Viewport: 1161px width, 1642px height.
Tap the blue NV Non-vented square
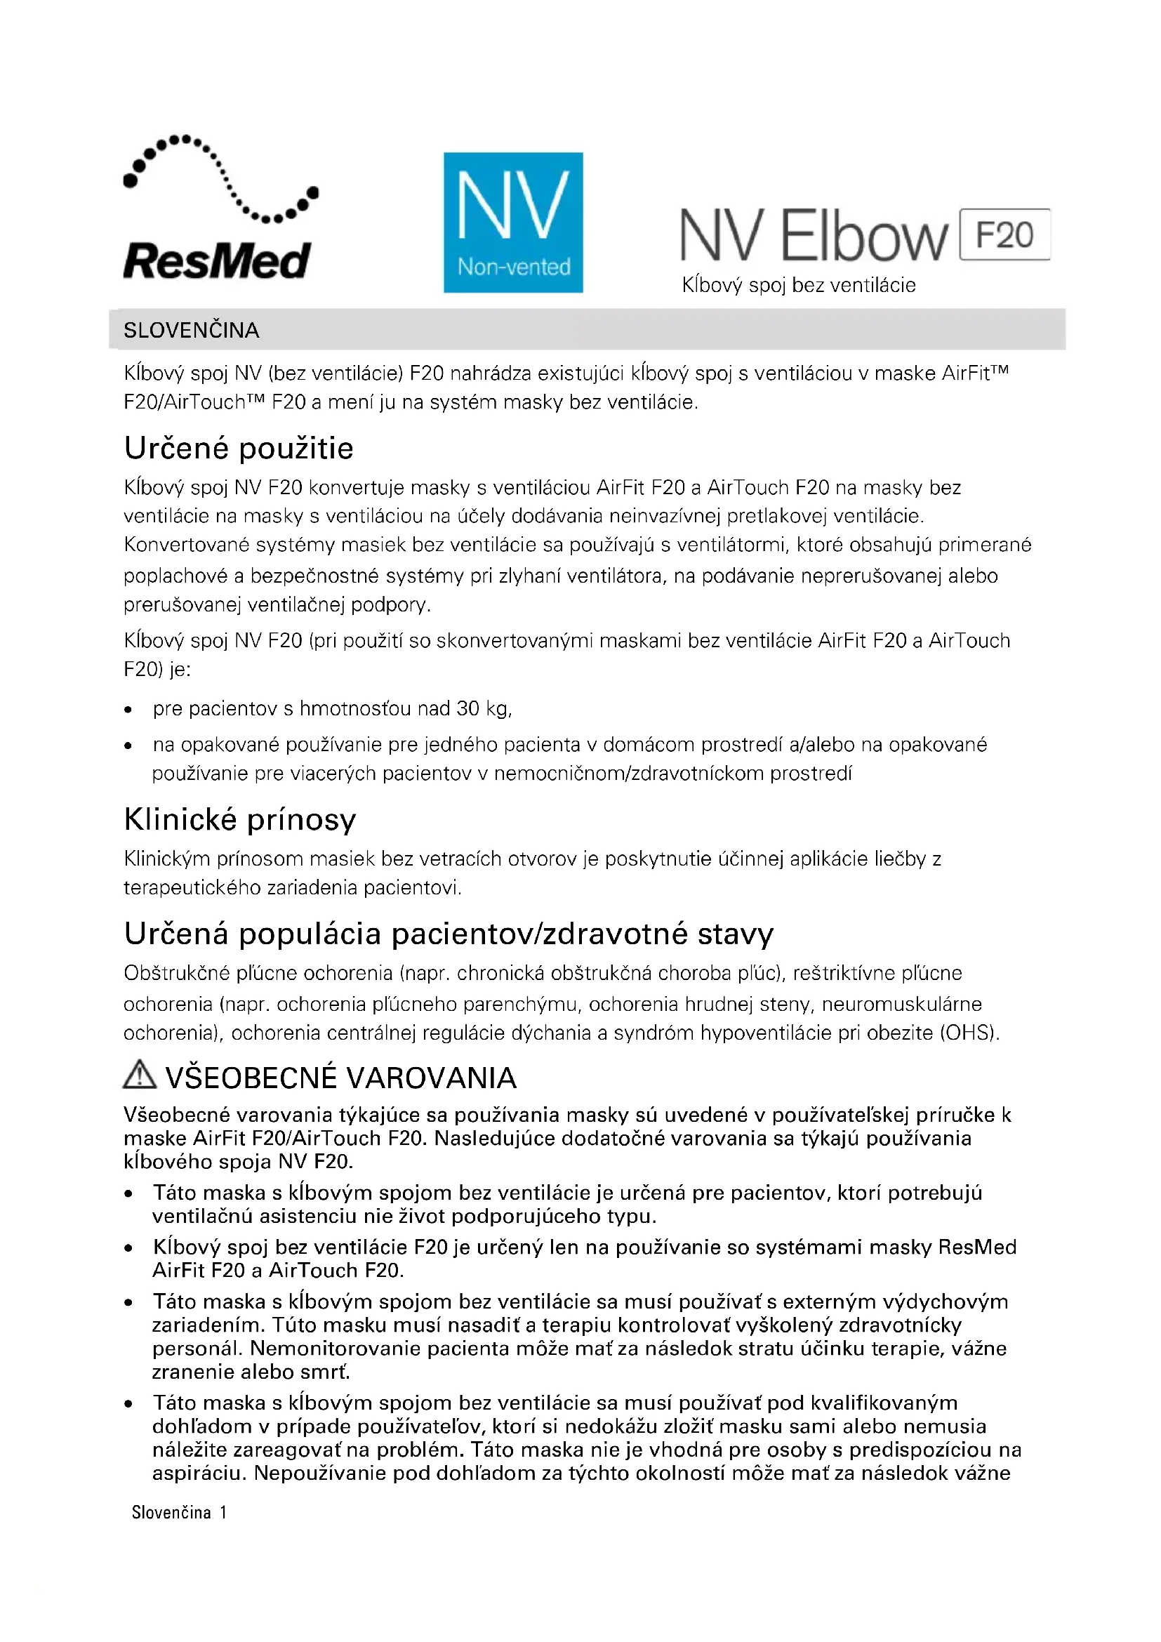click(512, 222)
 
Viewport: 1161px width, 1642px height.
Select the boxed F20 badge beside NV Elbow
click(1004, 234)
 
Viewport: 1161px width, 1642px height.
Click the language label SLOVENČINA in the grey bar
click(191, 331)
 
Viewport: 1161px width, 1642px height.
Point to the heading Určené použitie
click(239, 449)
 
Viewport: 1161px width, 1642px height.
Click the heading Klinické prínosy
click(239, 819)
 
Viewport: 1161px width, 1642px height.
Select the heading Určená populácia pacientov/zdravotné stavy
click(449, 934)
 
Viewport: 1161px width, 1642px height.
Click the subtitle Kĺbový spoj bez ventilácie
click(798, 285)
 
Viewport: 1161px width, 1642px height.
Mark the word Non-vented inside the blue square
click(514, 267)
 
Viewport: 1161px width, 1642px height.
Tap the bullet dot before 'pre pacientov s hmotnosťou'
click(128, 710)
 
